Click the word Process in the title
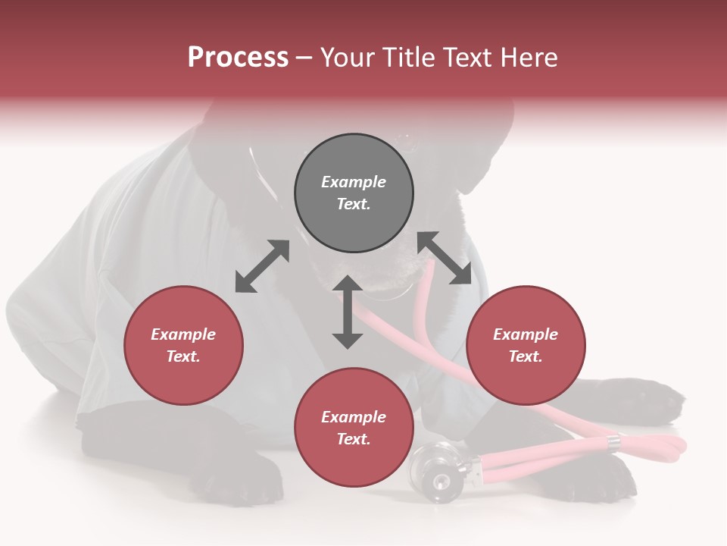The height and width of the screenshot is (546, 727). click(x=238, y=58)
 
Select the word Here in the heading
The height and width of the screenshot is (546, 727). click(x=527, y=58)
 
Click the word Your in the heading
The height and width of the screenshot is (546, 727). click(x=351, y=58)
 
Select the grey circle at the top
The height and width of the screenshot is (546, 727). click(x=354, y=193)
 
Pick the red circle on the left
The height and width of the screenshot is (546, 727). click(x=183, y=346)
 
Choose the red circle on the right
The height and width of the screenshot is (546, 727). click(x=526, y=346)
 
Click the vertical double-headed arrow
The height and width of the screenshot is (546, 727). click(x=348, y=312)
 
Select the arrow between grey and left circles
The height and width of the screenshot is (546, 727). click(x=262, y=266)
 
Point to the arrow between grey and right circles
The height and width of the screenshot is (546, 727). click(x=445, y=258)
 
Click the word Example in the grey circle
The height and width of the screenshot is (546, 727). click(x=354, y=182)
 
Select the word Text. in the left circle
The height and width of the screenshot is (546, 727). click(x=183, y=356)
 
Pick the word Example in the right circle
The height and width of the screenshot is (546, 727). click(x=526, y=334)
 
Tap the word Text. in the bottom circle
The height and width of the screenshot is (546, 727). click(x=354, y=439)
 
